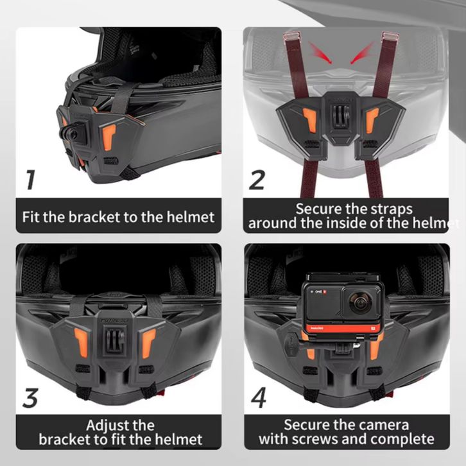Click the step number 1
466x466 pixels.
[31, 180]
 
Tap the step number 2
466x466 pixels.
[257, 180]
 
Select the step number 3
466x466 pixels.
[30, 398]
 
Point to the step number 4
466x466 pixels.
[259, 398]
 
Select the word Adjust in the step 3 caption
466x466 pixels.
[104, 426]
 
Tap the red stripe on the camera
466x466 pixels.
[342, 328]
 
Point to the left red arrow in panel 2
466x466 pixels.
[320, 53]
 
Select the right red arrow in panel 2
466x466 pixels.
[362, 53]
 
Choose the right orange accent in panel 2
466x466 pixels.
[372, 121]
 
